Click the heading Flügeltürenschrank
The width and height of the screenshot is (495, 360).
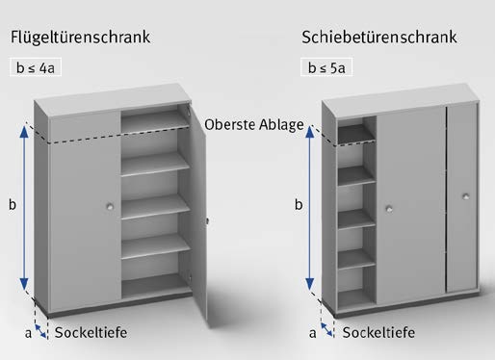pyautogui.click(x=81, y=39)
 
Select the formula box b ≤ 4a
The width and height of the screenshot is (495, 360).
pyautogui.click(x=40, y=69)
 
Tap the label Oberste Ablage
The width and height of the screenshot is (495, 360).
pyautogui.click(x=255, y=125)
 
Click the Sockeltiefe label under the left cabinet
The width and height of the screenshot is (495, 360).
pyautogui.click(x=91, y=333)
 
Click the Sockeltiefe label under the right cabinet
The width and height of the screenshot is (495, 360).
pyautogui.click(x=378, y=333)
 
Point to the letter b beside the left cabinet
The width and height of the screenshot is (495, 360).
pyautogui.click(x=12, y=204)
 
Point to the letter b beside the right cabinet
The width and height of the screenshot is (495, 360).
pyautogui.click(x=299, y=205)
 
